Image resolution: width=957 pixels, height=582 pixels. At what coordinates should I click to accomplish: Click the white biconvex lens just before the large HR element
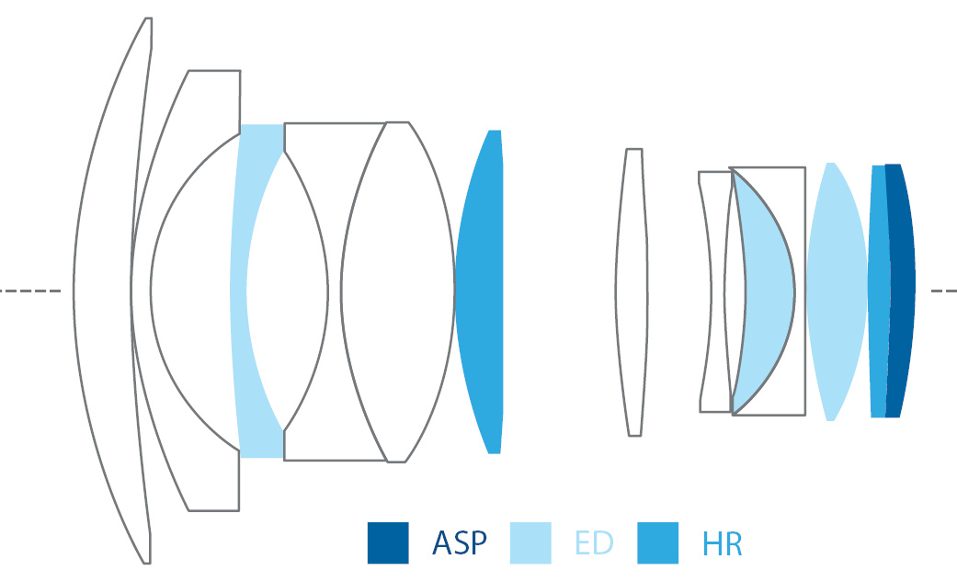pos(395,291)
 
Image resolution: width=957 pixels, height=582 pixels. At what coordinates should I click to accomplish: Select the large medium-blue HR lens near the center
pos(480,291)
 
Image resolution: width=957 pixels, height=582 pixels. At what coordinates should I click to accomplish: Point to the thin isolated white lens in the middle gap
pos(632,291)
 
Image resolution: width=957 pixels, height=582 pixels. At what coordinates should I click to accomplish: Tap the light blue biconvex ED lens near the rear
pos(836,291)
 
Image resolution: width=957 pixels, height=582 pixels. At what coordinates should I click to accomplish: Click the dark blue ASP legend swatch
pos(388,542)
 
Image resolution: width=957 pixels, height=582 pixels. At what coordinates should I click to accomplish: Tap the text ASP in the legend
pos(460,543)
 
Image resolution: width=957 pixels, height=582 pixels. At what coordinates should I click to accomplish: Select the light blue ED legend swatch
pos(530,542)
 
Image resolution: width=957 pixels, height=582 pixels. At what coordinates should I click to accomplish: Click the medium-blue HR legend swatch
pos(657,542)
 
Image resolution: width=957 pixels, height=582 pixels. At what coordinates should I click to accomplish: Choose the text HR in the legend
pos(722,543)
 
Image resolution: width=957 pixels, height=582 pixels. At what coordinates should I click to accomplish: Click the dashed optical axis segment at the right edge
pos(943,291)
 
